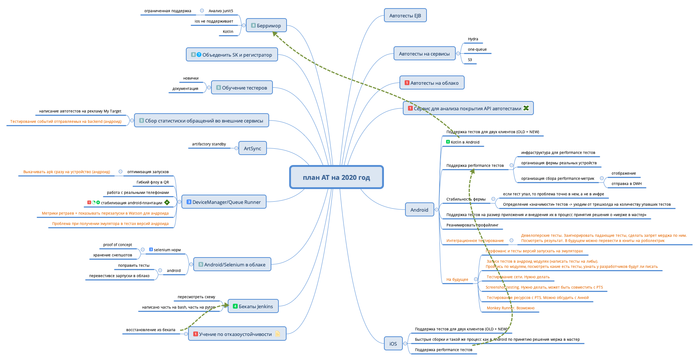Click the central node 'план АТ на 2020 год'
pyautogui.click(x=336, y=177)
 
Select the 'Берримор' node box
pyautogui.click(x=266, y=26)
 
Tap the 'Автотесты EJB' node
pyautogui.click(x=405, y=16)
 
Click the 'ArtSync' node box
pyautogui.click(x=252, y=148)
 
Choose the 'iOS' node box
pyautogui.click(x=393, y=344)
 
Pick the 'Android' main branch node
pyautogui.click(x=419, y=210)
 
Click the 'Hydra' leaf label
pyautogui.click(x=473, y=39)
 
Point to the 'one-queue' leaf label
pyautogui.click(x=477, y=50)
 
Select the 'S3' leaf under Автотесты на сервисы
pyautogui.click(x=470, y=60)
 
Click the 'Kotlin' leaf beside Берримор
pyautogui.click(x=228, y=32)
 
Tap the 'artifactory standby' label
pyautogui.click(x=209, y=144)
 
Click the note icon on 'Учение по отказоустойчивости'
pyautogui.click(x=277, y=334)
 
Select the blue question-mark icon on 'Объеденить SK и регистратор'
pyautogui.click(x=199, y=55)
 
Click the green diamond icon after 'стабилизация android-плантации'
pyautogui.click(x=167, y=202)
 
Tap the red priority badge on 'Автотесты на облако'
pyautogui.click(x=407, y=83)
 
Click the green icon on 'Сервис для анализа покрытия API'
pyautogui.click(x=526, y=108)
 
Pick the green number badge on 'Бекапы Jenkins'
pyautogui.click(x=235, y=306)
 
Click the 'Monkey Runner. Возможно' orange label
pyautogui.click(x=511, y=308)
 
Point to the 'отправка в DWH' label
pyautogui.click(x=626, y=184)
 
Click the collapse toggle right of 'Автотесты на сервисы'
pyautogui.click(x=458, y=54)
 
